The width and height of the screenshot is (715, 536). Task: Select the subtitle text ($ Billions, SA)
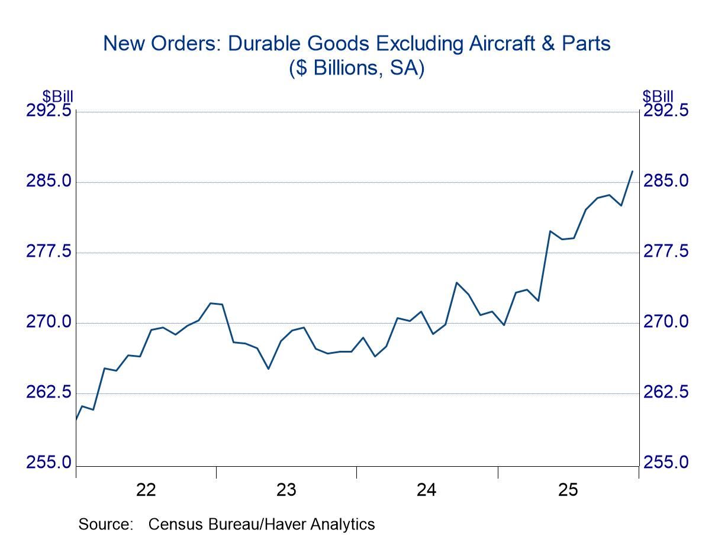(356, 69)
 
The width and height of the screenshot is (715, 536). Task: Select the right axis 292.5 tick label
(666, 111)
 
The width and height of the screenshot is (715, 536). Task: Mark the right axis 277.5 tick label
(666, 252)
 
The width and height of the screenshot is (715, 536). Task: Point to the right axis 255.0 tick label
(666, 463)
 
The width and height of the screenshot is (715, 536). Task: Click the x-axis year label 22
(146, 490)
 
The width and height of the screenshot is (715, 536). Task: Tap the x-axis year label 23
(286, 490)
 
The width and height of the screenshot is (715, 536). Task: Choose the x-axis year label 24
(427, 490)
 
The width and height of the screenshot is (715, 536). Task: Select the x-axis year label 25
(568, 490)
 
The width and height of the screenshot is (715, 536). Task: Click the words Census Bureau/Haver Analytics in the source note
(262, 524)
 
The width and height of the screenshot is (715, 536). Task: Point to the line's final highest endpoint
(632, 171)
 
